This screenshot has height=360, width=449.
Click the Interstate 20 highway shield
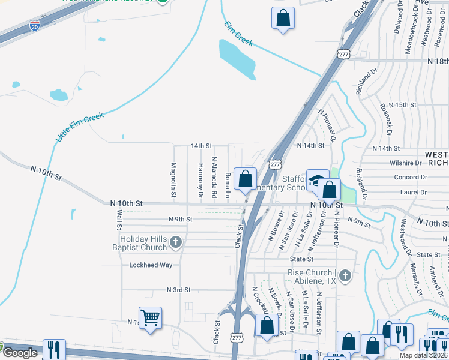(x=35, y=26)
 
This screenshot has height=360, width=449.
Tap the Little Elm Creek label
(x=80, y=127)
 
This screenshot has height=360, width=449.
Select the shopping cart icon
(x=150, y=317)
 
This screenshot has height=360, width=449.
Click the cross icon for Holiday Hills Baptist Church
(x=175, y=242)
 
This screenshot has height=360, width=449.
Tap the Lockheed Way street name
(x=151, y=265)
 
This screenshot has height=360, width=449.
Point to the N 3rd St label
(x=178, y=289)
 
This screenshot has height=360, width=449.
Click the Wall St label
(x=119, y=220)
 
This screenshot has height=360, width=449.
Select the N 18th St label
(x=438, y=61)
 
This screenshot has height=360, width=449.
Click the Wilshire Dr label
(x=405, y=163)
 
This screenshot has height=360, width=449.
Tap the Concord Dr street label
(x=410, y=177)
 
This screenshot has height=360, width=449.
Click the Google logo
(x=20, y=353)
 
